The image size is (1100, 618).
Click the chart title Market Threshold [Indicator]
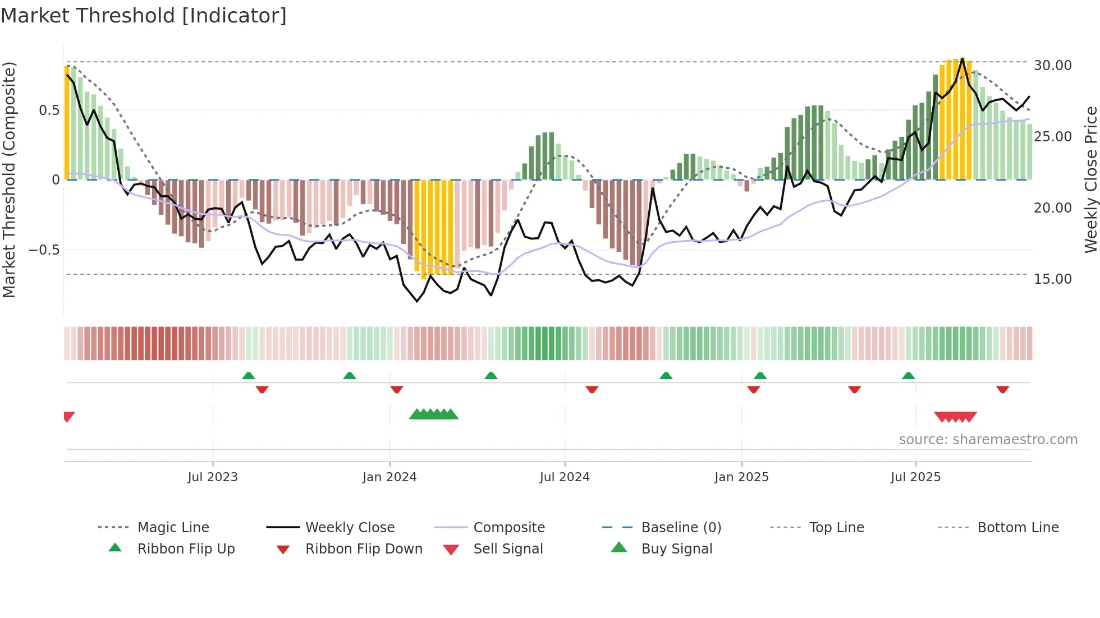[x=144, y=16]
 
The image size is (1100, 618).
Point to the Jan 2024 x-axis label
[x=389, y=477]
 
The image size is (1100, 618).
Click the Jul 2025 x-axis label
[x=915, y=477]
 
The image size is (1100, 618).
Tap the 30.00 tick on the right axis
[x=1052, y=66]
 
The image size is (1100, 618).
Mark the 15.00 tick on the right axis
[x=1052, y=279]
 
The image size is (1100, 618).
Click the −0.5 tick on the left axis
[x=44, y=250]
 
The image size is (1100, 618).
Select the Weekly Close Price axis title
[x=1090, y=179]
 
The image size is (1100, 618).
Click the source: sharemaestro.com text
[x=988, y=440]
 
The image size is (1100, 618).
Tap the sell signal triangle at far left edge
[x=68, y=416]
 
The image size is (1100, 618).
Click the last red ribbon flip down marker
[x=1002, y=389]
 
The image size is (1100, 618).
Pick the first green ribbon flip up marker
[x=249, y=376]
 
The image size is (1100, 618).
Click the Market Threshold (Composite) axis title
[x=10, y=179]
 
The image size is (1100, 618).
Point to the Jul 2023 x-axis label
[x=213, y=477]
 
